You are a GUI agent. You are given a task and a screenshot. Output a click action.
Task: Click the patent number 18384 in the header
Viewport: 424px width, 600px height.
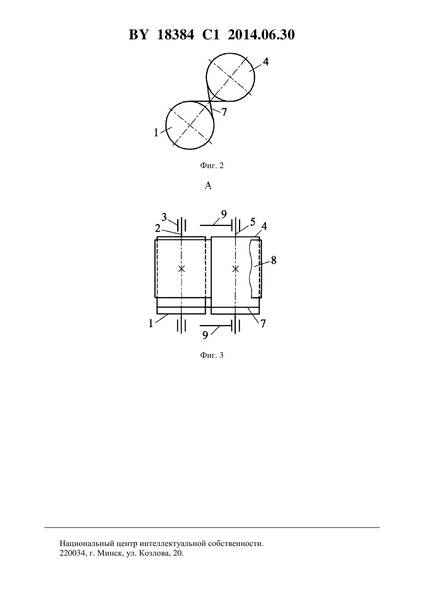click(x=175, y=35)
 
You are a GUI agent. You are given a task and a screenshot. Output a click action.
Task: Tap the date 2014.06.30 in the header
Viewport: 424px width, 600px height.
click(x=261, y=35)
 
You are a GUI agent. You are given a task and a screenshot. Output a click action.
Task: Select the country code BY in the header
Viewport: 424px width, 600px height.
click(x=138, y=35)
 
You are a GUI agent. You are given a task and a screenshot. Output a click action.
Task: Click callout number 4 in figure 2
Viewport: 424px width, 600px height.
click(x=266, y=62)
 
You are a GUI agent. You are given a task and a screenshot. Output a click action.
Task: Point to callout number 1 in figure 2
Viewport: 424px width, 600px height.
click(x=156, y=132)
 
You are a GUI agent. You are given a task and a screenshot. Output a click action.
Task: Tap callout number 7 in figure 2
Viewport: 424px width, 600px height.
click(x=224, y=112)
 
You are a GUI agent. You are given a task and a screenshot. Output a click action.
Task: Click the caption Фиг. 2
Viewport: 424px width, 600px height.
click(x=212, y=165)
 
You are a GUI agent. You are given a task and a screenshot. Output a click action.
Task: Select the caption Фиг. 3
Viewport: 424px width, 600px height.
click(x=212, y=355)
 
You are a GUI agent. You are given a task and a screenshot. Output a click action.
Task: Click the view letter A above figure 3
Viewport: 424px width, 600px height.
click(x=208, y=185)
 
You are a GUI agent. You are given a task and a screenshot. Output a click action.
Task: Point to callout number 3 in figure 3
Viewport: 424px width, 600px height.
click(x=164, y=217)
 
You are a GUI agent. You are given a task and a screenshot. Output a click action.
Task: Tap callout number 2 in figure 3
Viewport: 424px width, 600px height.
click(x=158, y=229)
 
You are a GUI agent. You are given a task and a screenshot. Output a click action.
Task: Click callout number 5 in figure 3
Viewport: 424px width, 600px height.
click(x=253, y=222)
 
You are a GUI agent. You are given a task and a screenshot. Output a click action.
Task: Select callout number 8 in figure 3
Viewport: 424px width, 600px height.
click(x=274, y=260)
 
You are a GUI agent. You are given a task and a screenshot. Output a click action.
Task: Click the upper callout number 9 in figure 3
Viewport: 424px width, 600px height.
click(x=224, y=214)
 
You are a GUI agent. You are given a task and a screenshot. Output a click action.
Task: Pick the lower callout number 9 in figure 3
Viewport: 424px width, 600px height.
click(x=205, y=335)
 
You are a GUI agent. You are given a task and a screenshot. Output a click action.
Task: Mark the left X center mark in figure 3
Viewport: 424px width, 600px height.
click(x=182, y=269)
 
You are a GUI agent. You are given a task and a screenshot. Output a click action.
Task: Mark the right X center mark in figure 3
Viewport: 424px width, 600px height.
click(x=236, y=269)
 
